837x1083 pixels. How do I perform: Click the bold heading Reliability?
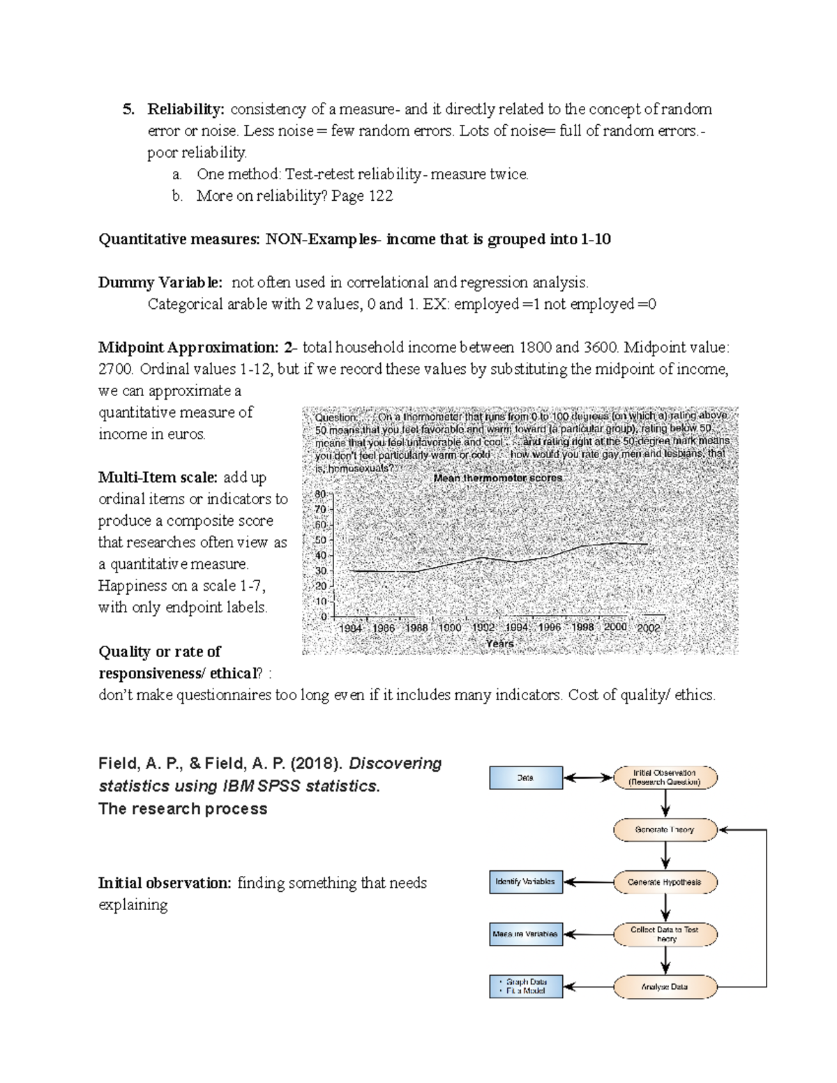coord(186,109)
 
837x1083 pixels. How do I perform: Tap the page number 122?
coord(380,196)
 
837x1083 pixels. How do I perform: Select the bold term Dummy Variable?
coord(160,282)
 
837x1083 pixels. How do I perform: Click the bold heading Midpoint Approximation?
coord(188,347)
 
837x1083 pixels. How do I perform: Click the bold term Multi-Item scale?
coord(158,478)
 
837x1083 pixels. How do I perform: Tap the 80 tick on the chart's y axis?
coord(321,494)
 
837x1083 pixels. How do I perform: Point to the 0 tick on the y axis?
coord(324,617)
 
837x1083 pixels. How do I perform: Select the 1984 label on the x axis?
coord(350,628)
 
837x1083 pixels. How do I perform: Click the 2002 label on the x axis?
coord(648,628)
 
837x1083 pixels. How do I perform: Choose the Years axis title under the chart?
coord(500,644)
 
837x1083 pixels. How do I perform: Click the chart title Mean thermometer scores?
coord(497,478)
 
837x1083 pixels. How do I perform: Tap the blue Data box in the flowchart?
coord(526,778)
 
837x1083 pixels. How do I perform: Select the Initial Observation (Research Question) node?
coord(665,778)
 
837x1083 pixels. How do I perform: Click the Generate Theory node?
coord(665,830)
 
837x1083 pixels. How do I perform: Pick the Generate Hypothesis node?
coord(665,882)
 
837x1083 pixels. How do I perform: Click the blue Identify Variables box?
coord(526,882)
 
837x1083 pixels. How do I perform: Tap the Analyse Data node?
coord(665,987)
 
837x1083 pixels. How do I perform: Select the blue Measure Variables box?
coord(526,934)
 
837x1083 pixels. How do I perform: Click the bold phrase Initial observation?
coord(165,884)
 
